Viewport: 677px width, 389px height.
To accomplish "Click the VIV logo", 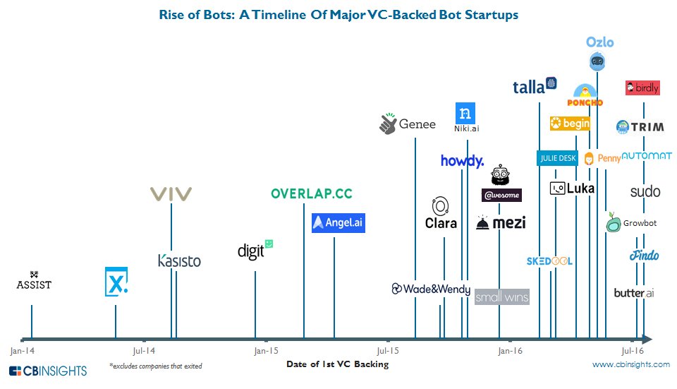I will coord(171,194).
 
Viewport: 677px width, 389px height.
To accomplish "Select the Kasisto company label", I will coord(179,261).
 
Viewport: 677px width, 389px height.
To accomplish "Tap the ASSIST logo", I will coord(34,281).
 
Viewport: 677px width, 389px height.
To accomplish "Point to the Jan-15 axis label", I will coord(265,350).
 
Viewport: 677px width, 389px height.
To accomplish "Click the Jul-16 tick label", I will coord(632,350).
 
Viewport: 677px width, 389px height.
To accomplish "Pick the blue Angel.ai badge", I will coord(338,222).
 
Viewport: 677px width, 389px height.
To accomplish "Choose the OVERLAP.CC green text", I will coord(311,193).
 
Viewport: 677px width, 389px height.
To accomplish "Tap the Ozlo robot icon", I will coord(598,63).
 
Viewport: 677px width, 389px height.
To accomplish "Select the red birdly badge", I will coord(642,88).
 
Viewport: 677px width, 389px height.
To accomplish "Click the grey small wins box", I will coord(501,297).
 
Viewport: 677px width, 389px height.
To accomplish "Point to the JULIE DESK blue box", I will coord(557,158).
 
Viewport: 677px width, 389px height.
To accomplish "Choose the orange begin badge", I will coord(570,124).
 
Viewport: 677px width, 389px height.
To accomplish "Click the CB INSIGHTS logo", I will coord(48,371).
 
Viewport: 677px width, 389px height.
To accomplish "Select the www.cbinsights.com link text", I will coord(631,364).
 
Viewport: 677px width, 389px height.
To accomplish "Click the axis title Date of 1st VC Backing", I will coord(337,364).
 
